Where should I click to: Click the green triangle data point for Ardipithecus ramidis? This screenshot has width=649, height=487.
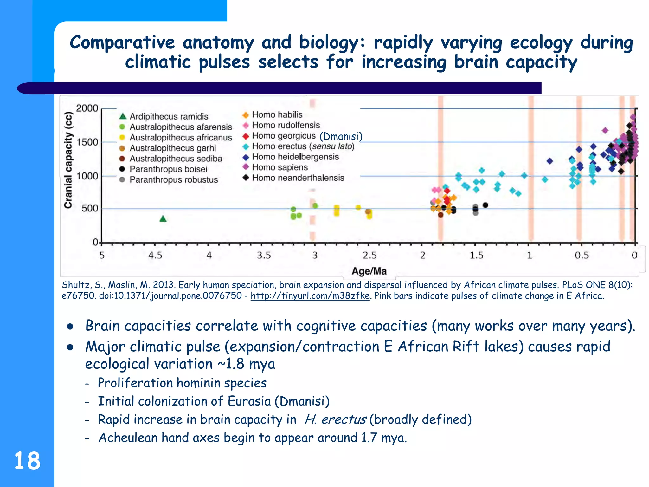tap(163, 219)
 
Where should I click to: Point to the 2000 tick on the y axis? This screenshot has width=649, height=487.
tap(87, 108)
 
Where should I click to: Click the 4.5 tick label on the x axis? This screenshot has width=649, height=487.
tap(155, 255)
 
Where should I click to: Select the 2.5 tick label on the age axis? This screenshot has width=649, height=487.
tap(369, 255)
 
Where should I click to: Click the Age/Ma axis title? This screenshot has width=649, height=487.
tap(369, 271)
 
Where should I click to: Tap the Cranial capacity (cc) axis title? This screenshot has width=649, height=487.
tap(68, 160)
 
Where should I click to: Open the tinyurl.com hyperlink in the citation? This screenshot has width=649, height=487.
tap(310, 296)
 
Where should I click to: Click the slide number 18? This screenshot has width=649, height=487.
tap(27, 461)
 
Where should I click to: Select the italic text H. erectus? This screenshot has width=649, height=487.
tap(335, 419)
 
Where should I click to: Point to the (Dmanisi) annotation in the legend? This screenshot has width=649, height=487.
tap(341, 136)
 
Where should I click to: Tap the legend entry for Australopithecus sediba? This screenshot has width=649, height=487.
tap(176, 159)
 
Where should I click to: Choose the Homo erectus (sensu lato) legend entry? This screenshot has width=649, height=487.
tap(303, 146)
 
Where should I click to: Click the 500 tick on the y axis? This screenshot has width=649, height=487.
tap(90, 209)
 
